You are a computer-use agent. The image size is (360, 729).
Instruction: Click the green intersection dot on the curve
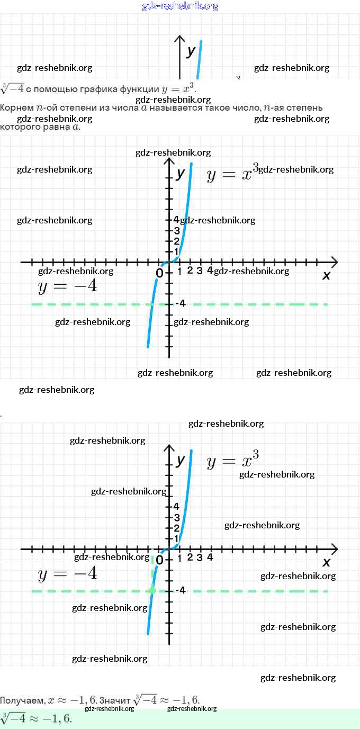(x=152, y=590)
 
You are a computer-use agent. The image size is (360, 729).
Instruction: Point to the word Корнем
(x=17, y=107)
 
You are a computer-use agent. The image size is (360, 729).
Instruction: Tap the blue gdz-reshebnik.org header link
(x=180, y=6)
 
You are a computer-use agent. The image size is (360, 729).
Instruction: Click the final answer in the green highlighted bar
(x=36, y=718)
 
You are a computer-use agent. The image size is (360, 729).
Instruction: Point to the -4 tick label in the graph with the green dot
(x=180, y=591)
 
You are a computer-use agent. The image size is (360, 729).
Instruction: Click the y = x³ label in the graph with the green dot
(x=232, y=460)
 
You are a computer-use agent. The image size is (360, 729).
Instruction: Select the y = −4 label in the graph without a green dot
(x=67, y=286)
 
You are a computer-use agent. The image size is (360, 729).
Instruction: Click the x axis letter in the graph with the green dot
(x=326, y=562)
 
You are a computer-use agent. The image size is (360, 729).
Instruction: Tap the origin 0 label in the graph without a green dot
(x=159, y=273)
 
